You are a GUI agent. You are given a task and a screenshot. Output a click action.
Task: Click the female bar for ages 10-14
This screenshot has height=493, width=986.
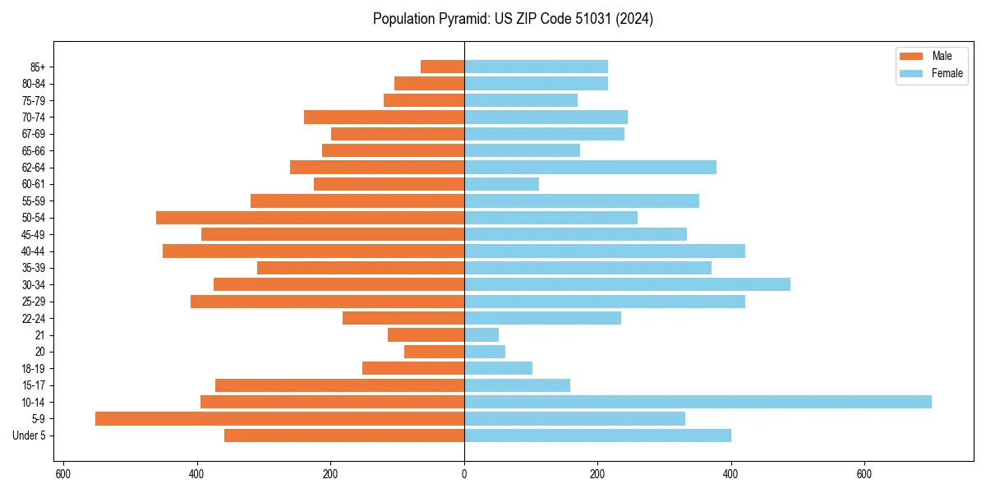point(698,402)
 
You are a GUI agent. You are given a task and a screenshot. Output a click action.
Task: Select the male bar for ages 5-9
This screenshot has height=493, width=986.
point(279,418)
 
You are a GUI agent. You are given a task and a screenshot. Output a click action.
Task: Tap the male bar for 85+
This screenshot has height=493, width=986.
point(442,67)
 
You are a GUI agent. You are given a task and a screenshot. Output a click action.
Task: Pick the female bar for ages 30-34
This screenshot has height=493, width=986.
point(627,284)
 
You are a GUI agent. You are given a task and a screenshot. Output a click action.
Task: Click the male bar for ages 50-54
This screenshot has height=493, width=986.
point(310,218)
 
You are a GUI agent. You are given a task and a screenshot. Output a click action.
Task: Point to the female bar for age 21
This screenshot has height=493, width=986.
point(481,334)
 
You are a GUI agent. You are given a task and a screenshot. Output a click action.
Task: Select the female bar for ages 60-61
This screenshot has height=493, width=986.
point(501,184)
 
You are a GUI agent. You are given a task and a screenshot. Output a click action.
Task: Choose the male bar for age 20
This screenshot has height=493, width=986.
point(434,352)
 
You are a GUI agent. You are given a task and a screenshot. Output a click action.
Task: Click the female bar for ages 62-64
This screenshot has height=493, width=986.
point(590,167)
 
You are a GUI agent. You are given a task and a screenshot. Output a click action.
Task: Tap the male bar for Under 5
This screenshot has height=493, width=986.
point(344,435)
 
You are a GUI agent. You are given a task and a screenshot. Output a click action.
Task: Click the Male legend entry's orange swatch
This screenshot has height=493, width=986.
point(911,56)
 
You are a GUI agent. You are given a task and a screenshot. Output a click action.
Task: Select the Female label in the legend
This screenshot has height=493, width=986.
point(947,73)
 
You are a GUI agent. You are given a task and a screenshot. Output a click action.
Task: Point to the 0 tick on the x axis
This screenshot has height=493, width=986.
point(464,474)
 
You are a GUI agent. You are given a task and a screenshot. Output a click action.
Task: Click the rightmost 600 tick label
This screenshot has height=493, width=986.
point(864,474)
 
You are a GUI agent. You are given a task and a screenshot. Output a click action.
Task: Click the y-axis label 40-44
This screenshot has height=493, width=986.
point(34,251)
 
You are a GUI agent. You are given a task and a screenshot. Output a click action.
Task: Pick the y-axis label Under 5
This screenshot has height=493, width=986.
point(30,435)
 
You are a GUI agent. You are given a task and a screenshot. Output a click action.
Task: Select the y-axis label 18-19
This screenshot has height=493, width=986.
point(34,368)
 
